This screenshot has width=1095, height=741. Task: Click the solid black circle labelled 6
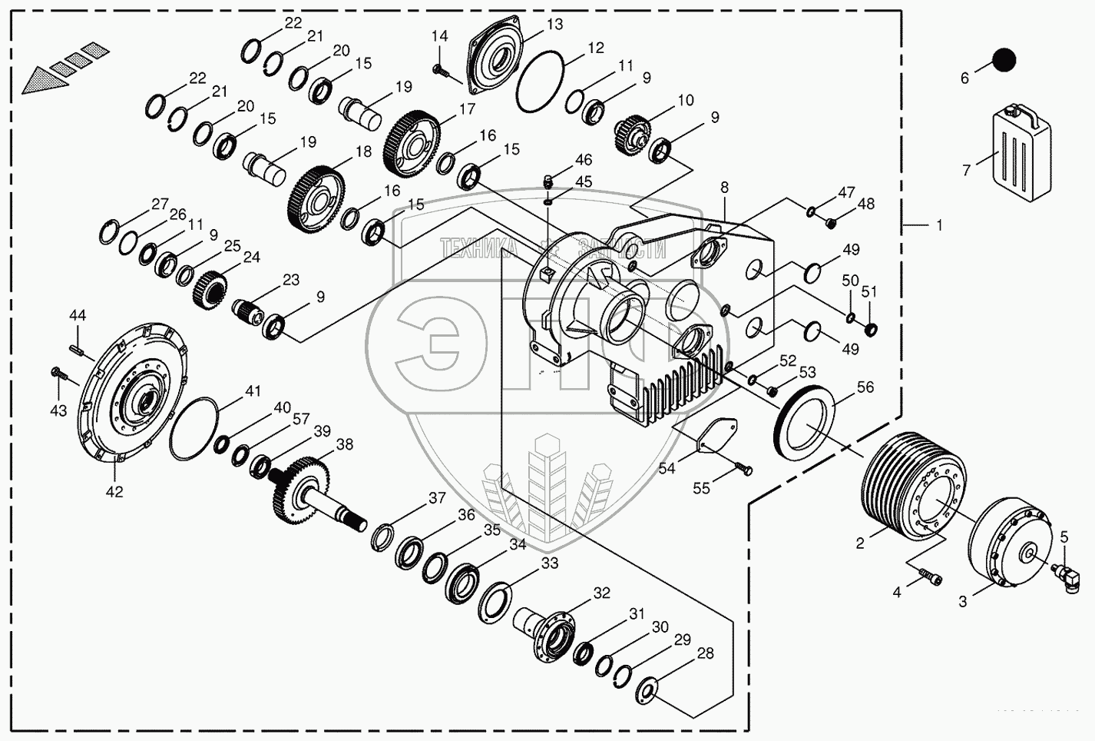tap(1003, 59)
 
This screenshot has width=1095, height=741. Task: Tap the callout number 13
tap(554, 25)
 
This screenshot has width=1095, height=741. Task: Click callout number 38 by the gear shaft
tap(345, 444)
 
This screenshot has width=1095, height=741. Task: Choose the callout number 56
tap(865, 387)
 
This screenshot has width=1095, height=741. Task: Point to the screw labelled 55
tap(744, 469)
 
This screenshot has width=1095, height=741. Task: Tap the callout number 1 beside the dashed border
tap(938, 225)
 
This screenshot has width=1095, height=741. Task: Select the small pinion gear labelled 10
tap(634, 133)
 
